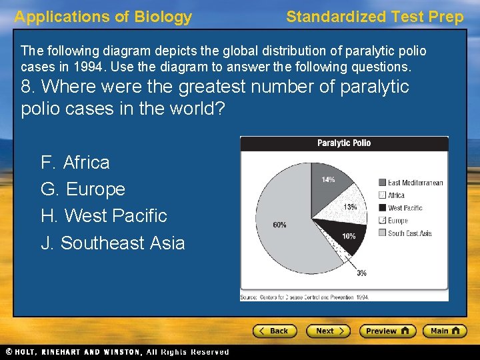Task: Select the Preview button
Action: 387,331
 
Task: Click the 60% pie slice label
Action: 279,225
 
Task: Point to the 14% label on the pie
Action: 328,179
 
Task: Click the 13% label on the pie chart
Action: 350,207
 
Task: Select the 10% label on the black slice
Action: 349,237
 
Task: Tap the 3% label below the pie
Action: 361,273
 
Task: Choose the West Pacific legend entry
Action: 405,208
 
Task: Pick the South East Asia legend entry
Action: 409,233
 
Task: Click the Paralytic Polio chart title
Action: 344,143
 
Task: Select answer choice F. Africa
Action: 75,163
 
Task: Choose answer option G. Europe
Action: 83,189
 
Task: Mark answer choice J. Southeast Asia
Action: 113,243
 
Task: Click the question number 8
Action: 27,87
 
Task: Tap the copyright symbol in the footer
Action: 8,352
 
